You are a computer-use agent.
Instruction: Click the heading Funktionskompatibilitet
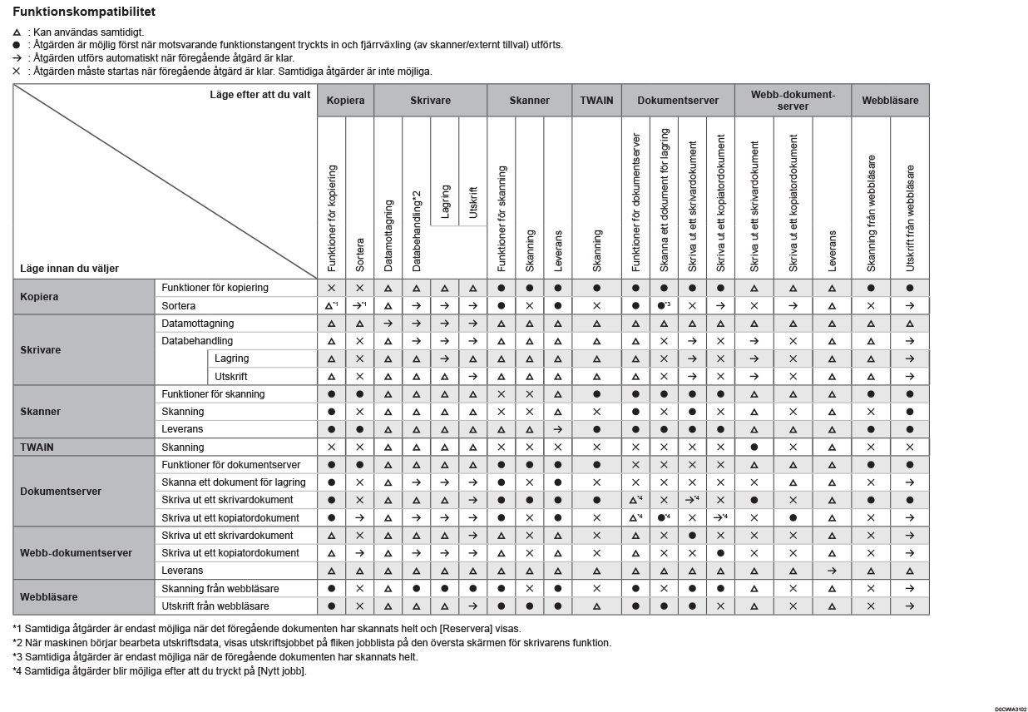[84, 12]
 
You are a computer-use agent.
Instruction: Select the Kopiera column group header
[345, 101]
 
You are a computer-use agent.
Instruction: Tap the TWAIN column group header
[596, 101]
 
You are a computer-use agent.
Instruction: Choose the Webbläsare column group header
[890, 101]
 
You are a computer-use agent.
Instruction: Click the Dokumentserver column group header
[678, 101]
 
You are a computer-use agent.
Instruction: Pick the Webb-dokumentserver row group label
[76, 553]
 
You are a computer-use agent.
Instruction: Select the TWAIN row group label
[37, 447]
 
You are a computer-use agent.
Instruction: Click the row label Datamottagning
[198, 324]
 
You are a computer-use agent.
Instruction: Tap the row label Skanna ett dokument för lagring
[234, 482]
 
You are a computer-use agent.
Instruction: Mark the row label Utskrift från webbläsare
[215, 606]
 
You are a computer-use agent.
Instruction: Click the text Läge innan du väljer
[70, 269]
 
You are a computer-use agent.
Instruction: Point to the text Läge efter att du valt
[260, 95]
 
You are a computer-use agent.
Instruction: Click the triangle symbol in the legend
[17, 32]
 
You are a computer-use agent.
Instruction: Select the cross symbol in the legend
[17, 72]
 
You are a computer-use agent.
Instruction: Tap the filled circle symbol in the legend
[17, 45]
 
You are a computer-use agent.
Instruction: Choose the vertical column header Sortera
[360, 254]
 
